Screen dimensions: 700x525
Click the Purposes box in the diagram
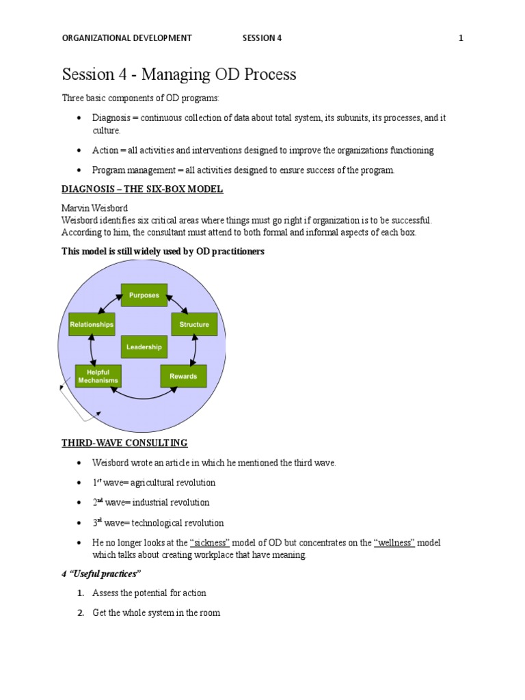click(x=144, y=295)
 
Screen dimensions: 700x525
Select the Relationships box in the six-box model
click(x=92, y=325)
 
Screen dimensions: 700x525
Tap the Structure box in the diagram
click(x=194, y=325)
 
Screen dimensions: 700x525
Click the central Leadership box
click(x=144, y=347)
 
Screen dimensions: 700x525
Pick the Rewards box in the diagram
click(x=183, y=376)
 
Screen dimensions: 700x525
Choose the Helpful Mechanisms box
click(x=98, y=377)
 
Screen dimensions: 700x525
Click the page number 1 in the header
click(x=461, y=38)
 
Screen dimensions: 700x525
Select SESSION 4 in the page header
click(x=262, y=38)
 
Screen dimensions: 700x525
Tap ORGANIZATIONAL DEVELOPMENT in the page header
click(x=127, y=38)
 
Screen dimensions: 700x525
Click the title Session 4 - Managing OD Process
click(x=179, y=75)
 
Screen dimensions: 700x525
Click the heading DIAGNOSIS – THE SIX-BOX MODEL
click(x=142, y=189)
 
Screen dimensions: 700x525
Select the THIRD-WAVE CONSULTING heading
click(x=124, y=443)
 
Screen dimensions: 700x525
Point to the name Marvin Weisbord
click(x=95, y=208)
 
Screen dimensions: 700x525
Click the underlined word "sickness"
click(x=209, y=543)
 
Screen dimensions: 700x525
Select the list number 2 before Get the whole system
click(x=81, y=613)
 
